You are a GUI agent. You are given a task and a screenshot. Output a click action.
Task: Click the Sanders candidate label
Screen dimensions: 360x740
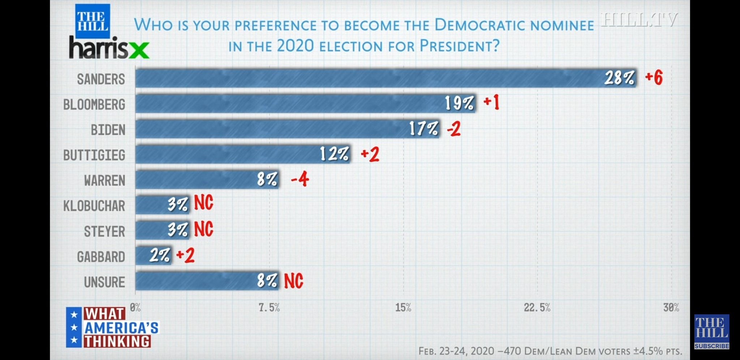tap(101, 79)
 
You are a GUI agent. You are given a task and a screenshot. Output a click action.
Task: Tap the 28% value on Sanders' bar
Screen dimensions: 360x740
tap(619, 78)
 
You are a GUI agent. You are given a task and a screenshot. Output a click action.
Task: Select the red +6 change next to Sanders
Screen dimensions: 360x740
tap(654, 77)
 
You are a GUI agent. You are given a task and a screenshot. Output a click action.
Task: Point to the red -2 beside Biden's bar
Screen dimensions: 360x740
tap(454, 129)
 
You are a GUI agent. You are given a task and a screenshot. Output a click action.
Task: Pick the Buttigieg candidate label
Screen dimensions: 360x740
tap(94, 155)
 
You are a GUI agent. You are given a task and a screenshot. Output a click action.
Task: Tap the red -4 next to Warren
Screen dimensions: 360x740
tap(300, 179)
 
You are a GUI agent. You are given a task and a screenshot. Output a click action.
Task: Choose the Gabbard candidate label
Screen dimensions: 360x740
tap(101, 257)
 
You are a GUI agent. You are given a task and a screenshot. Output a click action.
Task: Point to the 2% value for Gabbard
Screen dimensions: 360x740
tap(159, 256)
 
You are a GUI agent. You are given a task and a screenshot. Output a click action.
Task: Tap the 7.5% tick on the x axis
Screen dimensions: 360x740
tap(269, 308)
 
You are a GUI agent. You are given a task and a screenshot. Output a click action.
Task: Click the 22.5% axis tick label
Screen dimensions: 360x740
tap(537, 308)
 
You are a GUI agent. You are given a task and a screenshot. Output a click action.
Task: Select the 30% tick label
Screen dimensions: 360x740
tap(671, 308)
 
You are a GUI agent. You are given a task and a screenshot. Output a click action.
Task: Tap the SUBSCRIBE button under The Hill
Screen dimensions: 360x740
tap(711, 346)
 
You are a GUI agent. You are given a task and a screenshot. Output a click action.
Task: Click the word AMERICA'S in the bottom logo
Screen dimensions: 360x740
tap(121, 328)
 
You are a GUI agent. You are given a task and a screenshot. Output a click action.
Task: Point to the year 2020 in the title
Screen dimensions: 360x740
tap(295, 46)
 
